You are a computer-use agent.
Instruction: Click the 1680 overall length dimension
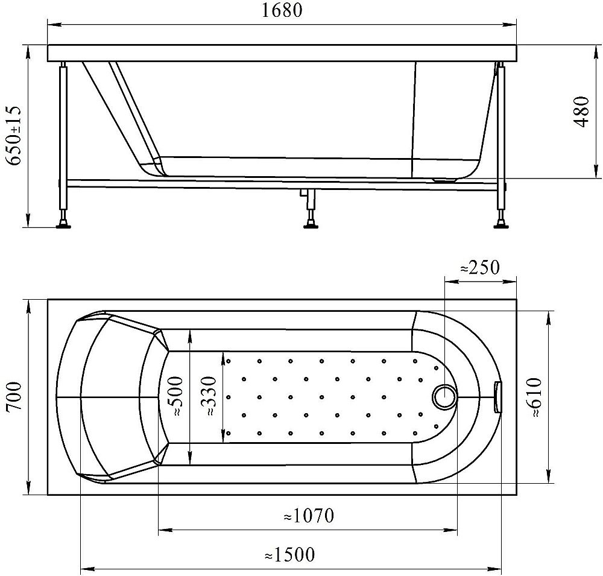pos(282,10)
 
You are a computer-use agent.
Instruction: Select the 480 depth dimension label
pos(581,112)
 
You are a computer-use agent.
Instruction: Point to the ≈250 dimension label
pos(480,267)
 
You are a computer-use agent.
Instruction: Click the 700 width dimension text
pos(14,397)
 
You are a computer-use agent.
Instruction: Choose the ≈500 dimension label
pos(175,396)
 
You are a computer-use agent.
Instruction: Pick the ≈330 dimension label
pos(210,396)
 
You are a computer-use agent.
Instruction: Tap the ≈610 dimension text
pos(534,397)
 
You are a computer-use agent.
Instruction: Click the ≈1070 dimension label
pos(309,516)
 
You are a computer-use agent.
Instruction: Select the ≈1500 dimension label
pos(289,554)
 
